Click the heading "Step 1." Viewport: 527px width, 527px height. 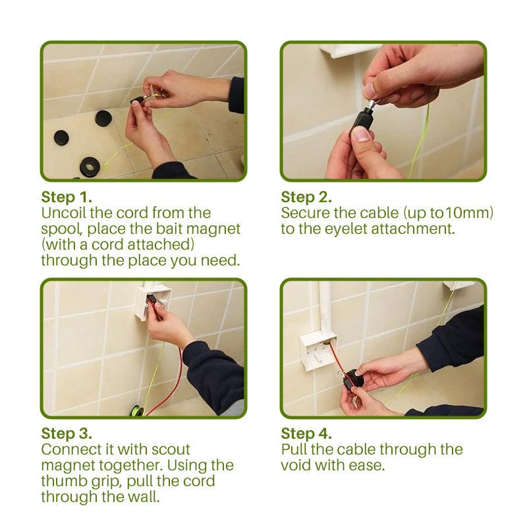click(x=67, y=197)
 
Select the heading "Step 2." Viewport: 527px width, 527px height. click(x=306, y=197)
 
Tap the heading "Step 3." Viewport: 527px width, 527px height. click(x=67, y=433)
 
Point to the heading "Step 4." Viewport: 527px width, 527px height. click(x=306, y=433)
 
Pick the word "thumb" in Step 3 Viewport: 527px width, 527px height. click(x=61, y=481)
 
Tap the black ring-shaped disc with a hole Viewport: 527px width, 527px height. click(x=89, y=166)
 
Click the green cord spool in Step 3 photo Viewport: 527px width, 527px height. click(x=136, y=411)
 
